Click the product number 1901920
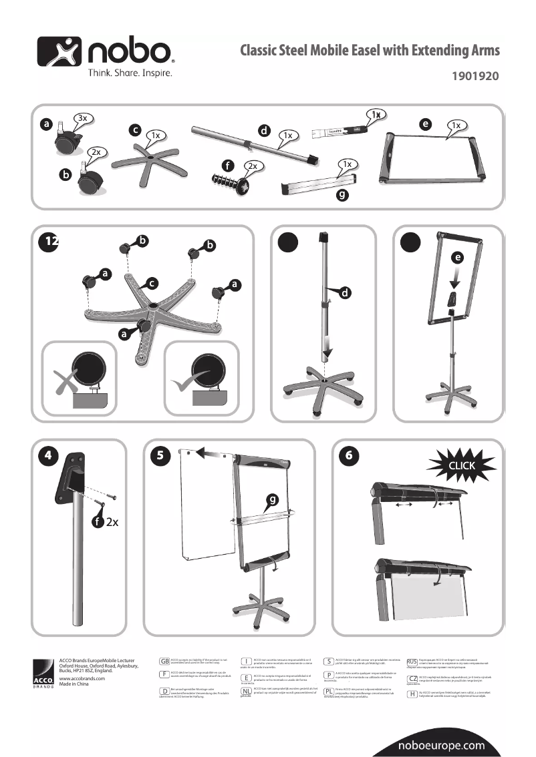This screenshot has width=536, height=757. pyautogui.click(x=477, y=76)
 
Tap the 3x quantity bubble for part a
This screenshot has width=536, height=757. pyautogui.click(x=83, y=118)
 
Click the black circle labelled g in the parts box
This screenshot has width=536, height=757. pyautogui.click(x=342, y=196)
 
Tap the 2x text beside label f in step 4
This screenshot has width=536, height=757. pyautogui.click(x=112, y=521)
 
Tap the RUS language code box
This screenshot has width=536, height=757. pyautogui.click(x=412, y=662)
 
